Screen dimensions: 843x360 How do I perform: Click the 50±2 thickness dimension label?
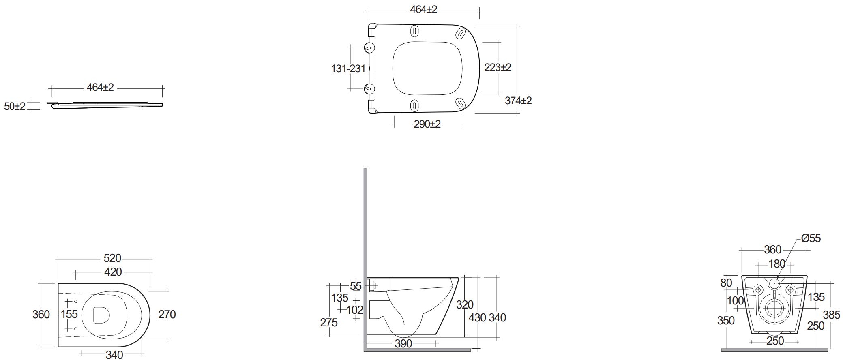[15, 107]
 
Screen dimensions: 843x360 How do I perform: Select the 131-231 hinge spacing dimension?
[348, 69]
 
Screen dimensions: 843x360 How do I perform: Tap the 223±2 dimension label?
[498, 67]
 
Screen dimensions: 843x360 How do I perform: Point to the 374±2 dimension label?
[518, 101]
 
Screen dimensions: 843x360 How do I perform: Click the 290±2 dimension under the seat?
[427, 124]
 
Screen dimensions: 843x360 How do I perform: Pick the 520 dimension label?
[112, 258]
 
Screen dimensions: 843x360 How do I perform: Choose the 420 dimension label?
[113, 272]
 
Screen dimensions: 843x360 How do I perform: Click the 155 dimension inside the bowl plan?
[69, 314]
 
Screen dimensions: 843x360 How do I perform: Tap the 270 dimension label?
[167, 314]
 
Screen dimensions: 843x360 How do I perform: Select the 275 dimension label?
[328, 322]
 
